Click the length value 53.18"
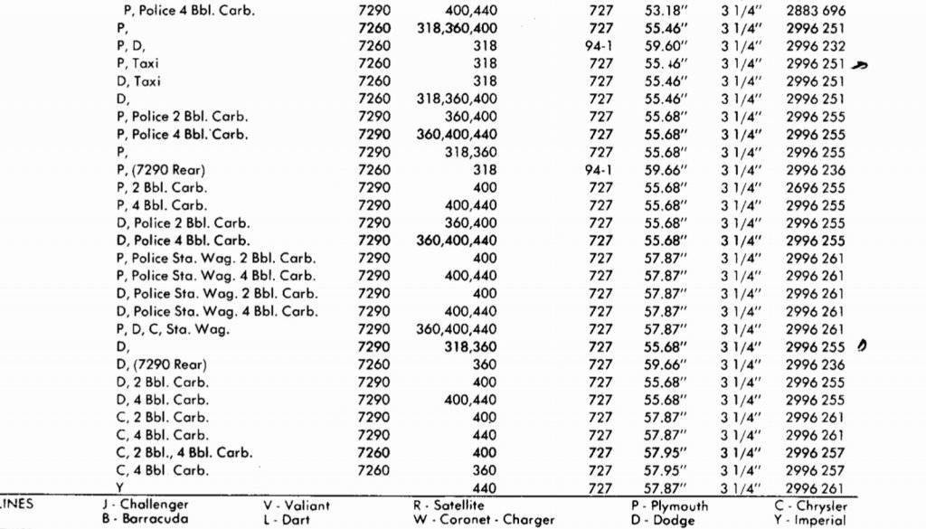click(665, 11)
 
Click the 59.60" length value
click(665, 46)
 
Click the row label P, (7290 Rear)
click(162, 170)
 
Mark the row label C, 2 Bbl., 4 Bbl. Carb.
click(184, 453)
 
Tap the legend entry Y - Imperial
click(810, 520)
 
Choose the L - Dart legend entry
click(285, 520)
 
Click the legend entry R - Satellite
click(449, 505)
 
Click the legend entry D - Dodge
click(663, 520)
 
